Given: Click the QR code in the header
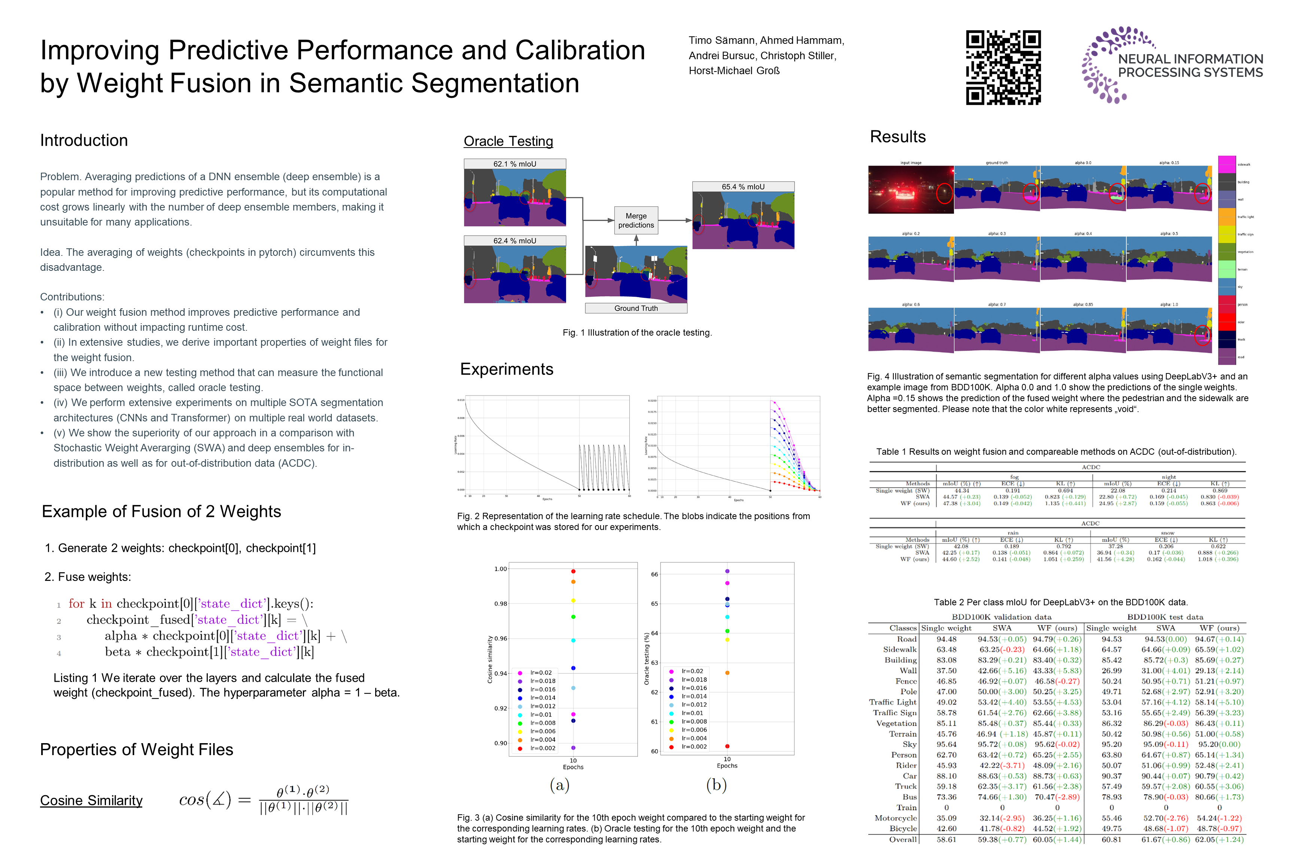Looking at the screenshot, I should (x=1003, y=67).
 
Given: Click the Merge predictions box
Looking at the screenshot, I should (x=636, y=221).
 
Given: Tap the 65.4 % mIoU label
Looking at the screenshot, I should (x=743, y=187).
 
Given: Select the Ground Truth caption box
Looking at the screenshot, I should (x=636, y=308).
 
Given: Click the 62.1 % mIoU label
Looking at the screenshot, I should (x=514, y=164).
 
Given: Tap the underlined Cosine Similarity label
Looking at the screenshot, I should (x=91, y=800).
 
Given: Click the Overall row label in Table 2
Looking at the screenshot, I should (x=903, y=839).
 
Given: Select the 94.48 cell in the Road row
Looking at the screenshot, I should (x=946, y=639).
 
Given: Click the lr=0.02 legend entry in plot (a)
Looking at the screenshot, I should (x=540, y=673).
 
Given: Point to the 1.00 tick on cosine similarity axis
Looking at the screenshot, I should (x=501, y=569).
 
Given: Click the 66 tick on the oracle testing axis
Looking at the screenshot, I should (x=654, y=575).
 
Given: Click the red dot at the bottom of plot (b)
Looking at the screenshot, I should (x=728, y=746).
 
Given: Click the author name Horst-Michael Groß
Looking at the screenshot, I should (x=734, y=70).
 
